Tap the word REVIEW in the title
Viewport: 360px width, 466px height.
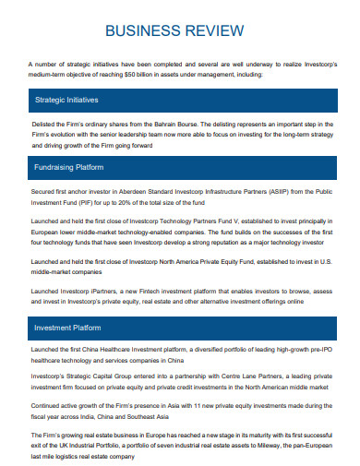(216, 30)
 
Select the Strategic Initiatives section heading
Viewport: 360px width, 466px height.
(66, 99)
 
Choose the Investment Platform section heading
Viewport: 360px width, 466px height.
(67, 328)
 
